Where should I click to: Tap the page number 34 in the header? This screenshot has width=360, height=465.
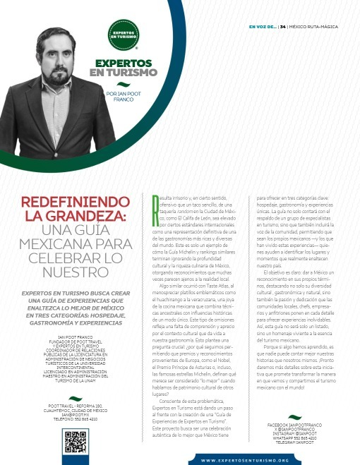(x=283, y=27)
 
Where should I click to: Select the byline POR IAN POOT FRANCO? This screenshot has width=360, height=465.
(x=123, y=97)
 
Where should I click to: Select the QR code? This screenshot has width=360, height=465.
(x=75, y=440)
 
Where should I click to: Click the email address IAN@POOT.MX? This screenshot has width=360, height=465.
(x=74, y=414)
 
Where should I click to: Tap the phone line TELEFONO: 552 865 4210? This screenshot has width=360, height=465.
(x=74, y=418)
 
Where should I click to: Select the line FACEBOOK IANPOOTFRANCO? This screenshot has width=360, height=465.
(x=295, y=425)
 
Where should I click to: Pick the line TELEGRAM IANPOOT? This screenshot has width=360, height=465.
(x=295, y=442)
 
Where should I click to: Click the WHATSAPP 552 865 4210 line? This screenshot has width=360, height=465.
(x=295, y=438)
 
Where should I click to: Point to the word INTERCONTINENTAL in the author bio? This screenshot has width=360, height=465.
(x=74, y=366)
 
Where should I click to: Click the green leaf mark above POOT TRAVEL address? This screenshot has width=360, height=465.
(x=73, y=399)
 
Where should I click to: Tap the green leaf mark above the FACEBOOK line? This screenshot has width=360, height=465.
(x=294, y=417)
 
